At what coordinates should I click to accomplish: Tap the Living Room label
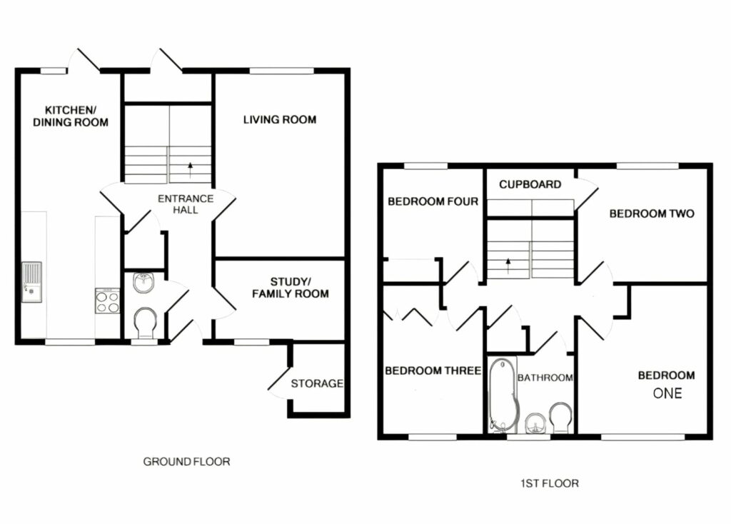(x=279, y=119)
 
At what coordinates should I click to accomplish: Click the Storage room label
(x=317, y=383)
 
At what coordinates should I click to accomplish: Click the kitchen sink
(x=32, y=279)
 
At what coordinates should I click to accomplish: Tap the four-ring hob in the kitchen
(x=107, y=301)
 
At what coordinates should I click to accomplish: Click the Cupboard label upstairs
(x=530, y=184)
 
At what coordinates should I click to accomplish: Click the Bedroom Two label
(x=650, y=213)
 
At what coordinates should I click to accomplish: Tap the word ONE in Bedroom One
(x=667, y=393)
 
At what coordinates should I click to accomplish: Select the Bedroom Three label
(x=433, y=371)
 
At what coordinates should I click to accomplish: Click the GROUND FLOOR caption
(x=187, y=462)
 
